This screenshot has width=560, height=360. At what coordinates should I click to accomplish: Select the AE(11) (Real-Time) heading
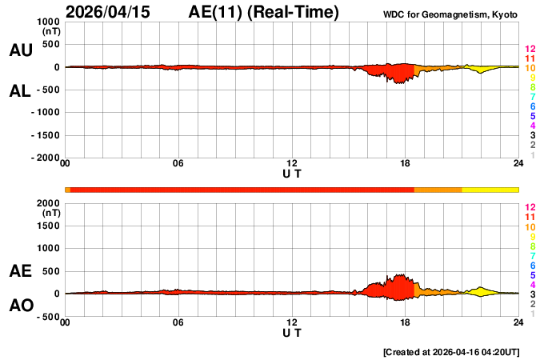(x=263, y=12)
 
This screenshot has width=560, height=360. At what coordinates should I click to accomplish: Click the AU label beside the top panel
(x=20, y=50)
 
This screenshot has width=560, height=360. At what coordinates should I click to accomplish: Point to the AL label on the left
(x=20, y=91)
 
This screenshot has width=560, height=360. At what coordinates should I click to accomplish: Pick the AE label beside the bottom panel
(x=20, y=271)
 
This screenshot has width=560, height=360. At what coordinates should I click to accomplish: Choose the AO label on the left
(x=20, y=306)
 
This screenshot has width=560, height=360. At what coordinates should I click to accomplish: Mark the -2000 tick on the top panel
(x=46, y=158)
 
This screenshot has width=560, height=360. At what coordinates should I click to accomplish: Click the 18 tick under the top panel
(x=406, y=164)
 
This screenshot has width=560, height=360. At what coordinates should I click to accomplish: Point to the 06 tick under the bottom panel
(x=178, y=322)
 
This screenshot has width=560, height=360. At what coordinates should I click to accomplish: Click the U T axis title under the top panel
(x=292, y=173)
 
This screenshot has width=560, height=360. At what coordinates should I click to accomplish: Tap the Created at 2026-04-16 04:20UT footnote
(x=452, y=351)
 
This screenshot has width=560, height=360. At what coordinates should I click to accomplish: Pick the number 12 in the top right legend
(x=530, y=50)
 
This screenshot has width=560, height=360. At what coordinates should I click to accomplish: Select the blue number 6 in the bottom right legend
(x=532, y=265)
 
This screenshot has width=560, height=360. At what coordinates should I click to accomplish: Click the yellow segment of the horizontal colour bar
(x=490, y=189)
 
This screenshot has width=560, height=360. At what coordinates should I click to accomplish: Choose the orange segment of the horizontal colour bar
(x=438, y=189)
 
